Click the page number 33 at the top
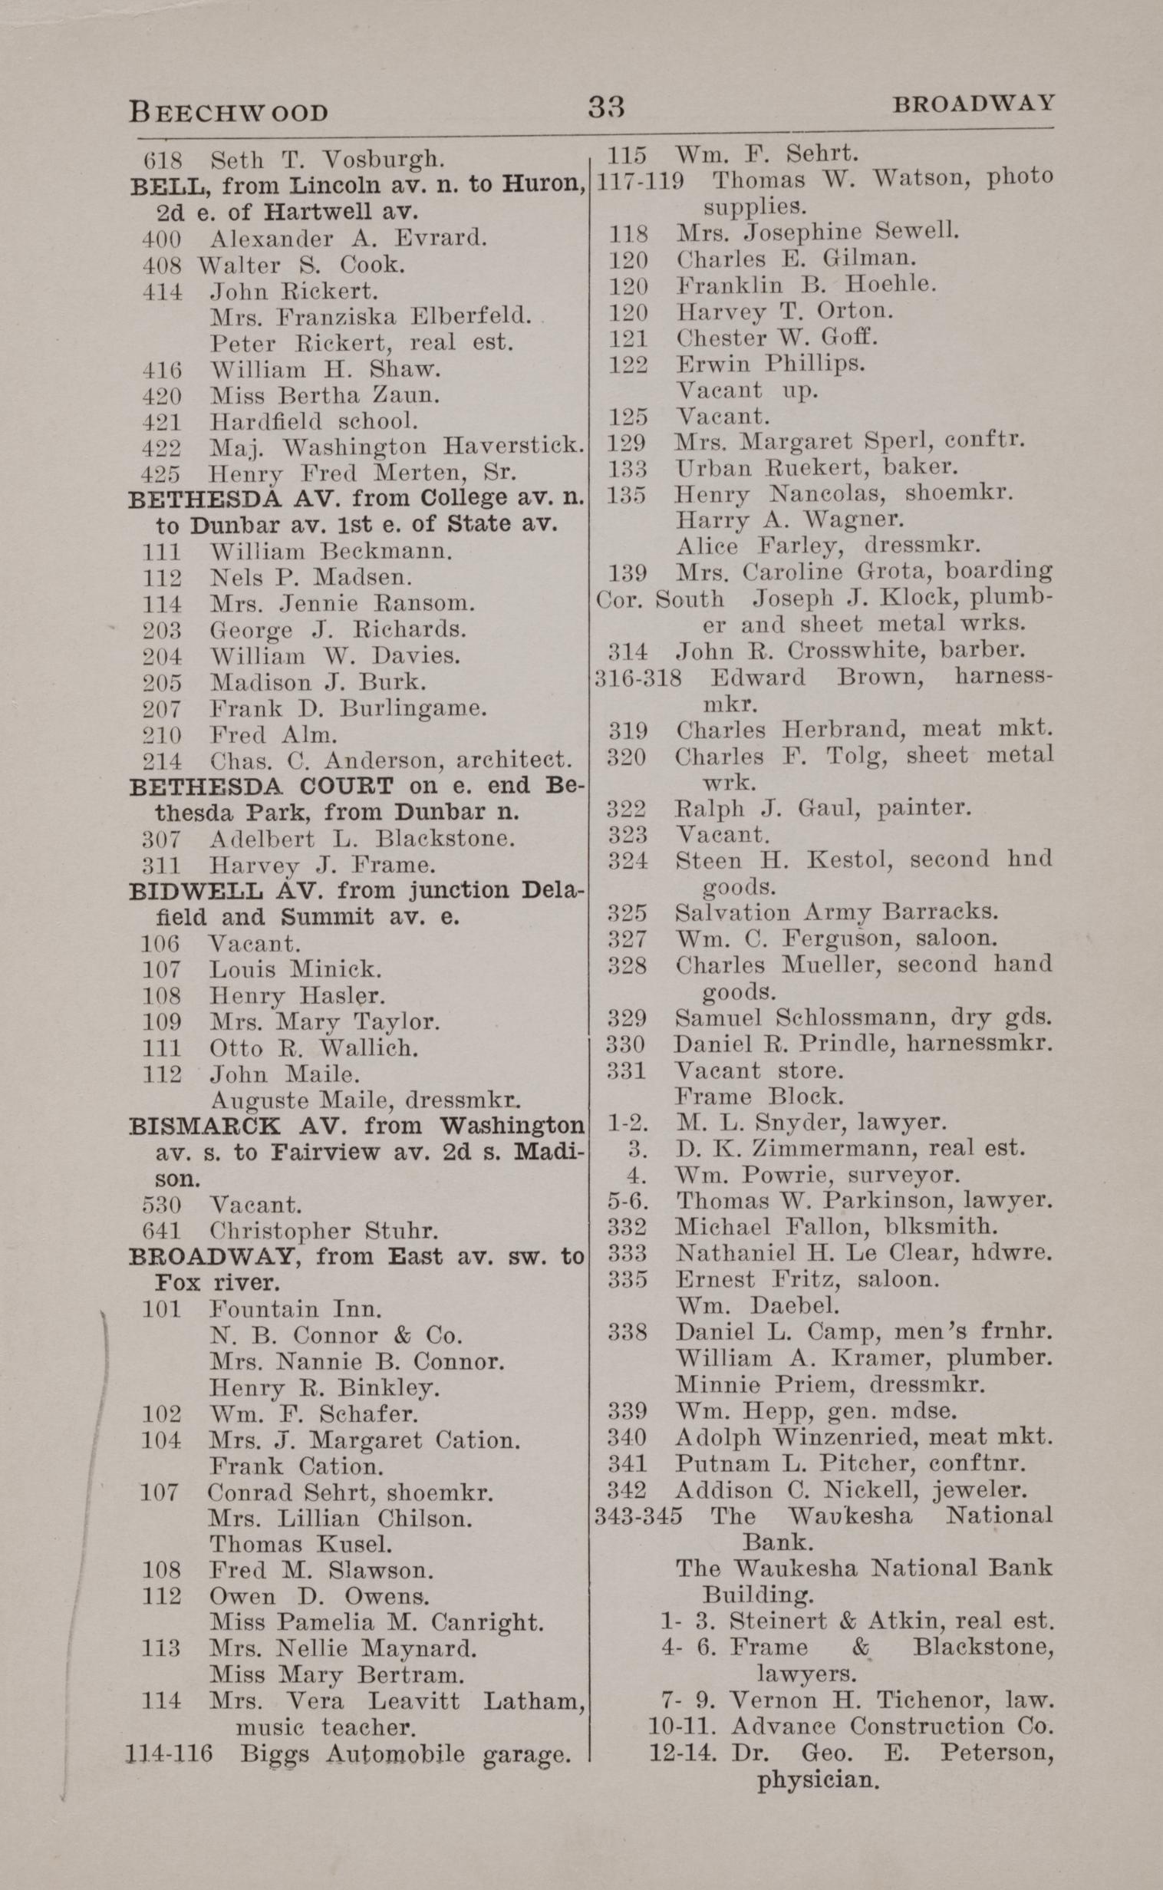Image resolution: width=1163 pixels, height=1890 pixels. pos(606,107)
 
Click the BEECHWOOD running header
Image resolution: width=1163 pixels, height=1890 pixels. pos(229,111)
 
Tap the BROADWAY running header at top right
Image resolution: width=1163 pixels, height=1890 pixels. pos(972,103)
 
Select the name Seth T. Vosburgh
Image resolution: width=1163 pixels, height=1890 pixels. pos(327,160)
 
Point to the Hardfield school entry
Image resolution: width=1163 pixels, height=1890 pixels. pos(313,421)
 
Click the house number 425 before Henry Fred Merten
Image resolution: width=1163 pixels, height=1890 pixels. pos(162,472)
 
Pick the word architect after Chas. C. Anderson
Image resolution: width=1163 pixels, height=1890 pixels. pos(514,760)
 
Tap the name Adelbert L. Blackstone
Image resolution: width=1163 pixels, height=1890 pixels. pos(361,838)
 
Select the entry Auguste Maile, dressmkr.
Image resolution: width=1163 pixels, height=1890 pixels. pos(366,1100)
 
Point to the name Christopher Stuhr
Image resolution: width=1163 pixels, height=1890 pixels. pos(324,1231)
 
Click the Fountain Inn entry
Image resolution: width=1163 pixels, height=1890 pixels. pos(295,1308)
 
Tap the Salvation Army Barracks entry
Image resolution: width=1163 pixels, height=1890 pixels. pos(836,912)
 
